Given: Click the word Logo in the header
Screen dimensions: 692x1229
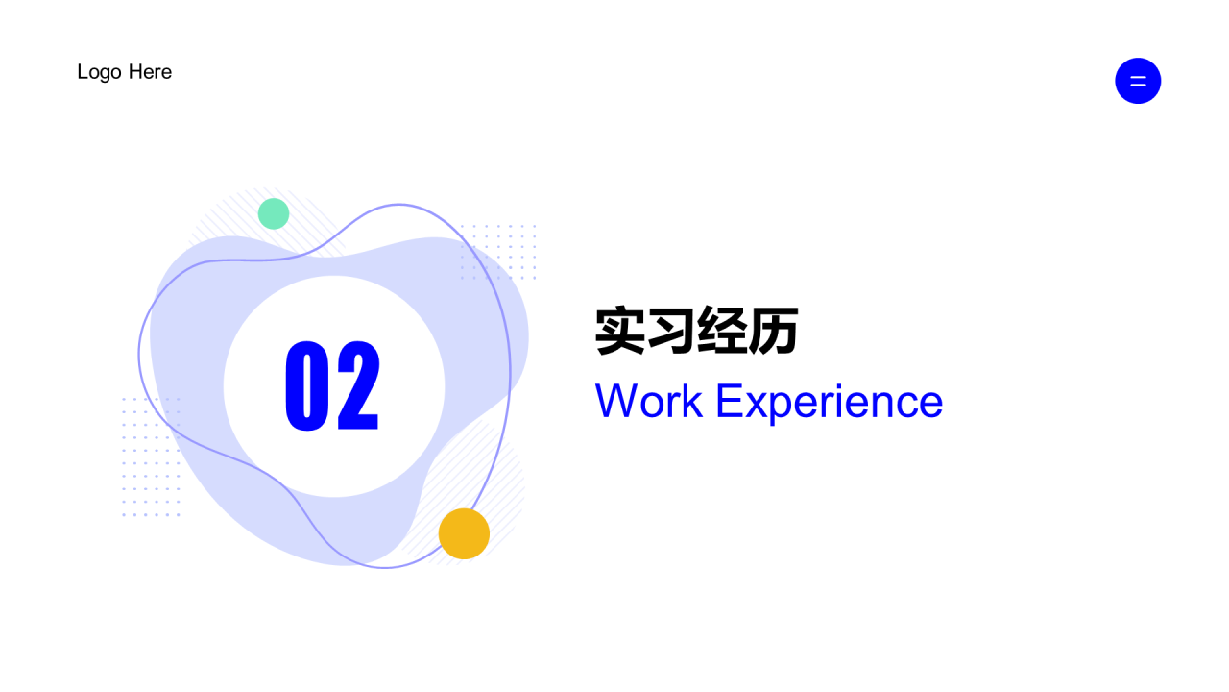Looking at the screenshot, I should (99, 72).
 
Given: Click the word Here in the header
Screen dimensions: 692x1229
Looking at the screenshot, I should (150, 72).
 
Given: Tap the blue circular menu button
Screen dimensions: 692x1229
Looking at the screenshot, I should (1138, 81).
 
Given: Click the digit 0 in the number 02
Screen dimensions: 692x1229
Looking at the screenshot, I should (307, 384).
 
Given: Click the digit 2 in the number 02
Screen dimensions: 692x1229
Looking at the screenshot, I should (358, 384).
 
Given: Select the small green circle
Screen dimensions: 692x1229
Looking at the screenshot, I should (274, 213).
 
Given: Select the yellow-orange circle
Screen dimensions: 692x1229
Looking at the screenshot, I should (464, 533).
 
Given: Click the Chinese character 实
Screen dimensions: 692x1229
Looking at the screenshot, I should (620, 332).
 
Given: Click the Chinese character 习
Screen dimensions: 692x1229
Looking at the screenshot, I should (671, 332).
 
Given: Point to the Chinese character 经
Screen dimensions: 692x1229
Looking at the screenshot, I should (722, 332).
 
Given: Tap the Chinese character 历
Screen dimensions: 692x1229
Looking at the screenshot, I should (773, 332).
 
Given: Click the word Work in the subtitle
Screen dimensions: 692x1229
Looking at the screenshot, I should (649, 402).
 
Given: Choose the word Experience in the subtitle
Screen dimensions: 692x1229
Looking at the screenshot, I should (829, 402).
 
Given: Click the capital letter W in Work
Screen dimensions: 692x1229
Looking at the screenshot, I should (615, 402).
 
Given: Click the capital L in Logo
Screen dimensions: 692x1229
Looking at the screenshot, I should (83, 72).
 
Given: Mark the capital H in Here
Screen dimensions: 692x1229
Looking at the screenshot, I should (135, 72).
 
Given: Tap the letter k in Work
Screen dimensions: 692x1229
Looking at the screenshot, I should (693, 402).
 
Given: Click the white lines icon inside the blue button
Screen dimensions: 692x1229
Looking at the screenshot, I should (1138, 81).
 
